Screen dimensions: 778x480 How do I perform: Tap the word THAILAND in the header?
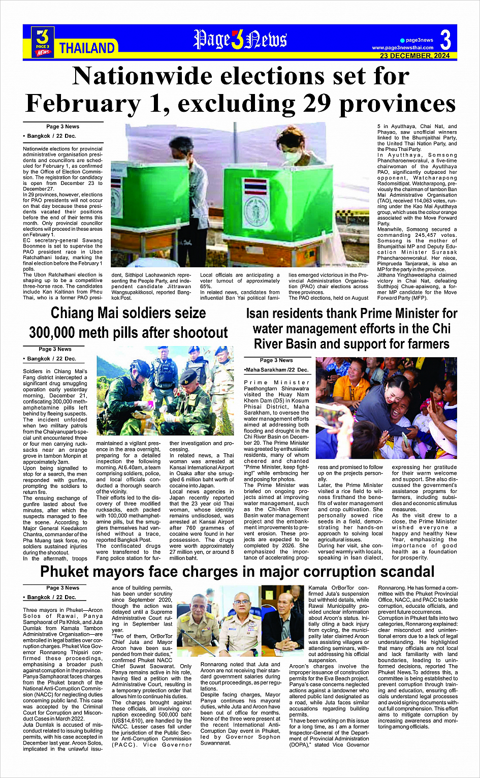point(87,48)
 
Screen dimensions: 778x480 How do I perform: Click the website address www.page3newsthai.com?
point(402,48)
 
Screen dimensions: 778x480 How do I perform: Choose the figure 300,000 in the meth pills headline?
point(60,333)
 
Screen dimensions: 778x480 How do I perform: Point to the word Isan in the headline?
point(258,314)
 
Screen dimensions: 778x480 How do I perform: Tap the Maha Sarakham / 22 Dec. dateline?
point(277,369)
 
